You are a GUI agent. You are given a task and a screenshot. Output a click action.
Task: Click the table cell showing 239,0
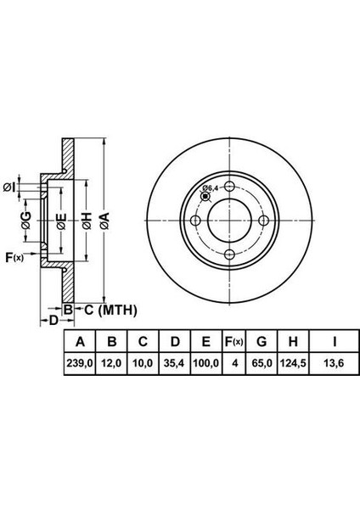80,363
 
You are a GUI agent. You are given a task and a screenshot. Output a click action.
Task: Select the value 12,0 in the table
111,363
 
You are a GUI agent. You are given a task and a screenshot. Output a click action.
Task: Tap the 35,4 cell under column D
174,363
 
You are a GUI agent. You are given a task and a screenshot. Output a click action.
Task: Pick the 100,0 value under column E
206,363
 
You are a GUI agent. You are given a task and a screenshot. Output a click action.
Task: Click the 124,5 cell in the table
293,363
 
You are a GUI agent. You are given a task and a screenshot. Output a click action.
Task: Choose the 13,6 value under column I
334,363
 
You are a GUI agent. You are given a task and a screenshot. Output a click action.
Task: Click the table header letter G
262,342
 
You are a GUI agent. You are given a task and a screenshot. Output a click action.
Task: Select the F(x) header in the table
234,342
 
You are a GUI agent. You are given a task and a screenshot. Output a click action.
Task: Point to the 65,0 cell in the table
262,363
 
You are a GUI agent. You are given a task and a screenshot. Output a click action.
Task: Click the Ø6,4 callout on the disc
210,188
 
